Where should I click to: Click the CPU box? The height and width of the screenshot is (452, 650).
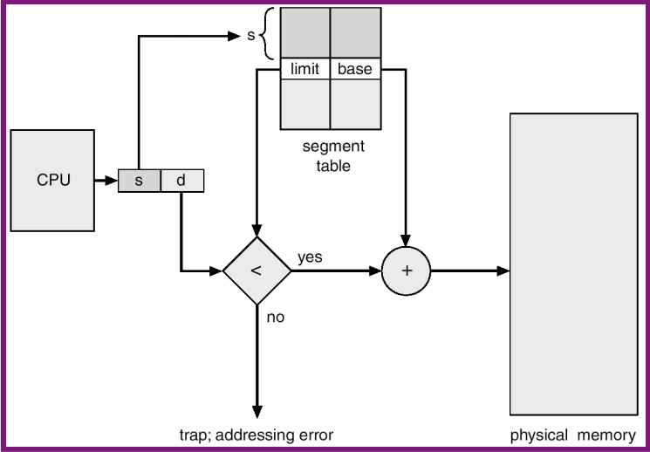(53, 181)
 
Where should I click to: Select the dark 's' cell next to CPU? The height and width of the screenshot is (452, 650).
(139, 181)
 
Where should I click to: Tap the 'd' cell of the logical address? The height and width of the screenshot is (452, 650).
(181, 181)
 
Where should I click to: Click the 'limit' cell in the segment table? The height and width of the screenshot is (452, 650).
(304, 69)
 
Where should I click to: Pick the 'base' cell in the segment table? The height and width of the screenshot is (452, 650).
(355, 69)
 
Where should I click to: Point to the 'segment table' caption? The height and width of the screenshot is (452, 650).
(333, 155)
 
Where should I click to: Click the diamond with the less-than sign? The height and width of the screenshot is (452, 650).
(257, 271)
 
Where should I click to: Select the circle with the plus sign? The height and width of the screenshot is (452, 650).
(406, 271)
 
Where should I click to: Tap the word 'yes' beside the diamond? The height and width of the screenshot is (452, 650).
(310, 257)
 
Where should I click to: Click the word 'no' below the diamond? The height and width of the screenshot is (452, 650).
(276, 317)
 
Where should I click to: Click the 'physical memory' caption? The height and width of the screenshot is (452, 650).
(573, 434)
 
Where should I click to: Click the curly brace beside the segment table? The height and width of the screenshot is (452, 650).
(269, 36)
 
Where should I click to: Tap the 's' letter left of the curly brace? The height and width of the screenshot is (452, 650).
(252, 37)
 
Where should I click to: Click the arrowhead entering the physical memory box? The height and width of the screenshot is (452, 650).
(503, 271)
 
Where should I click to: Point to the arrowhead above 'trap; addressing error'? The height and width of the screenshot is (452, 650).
(257, 413)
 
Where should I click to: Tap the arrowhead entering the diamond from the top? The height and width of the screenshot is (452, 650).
(257, 231)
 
